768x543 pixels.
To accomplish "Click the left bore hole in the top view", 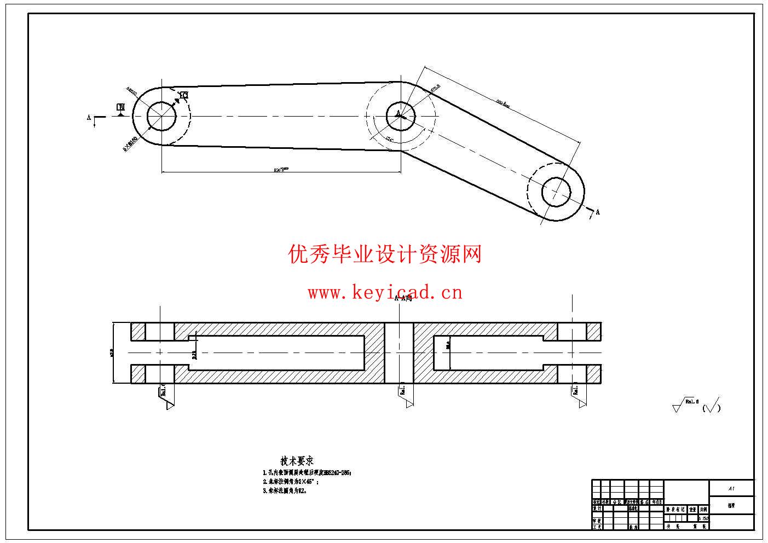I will point(161,116).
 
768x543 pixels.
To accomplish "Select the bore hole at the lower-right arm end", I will point(556,192).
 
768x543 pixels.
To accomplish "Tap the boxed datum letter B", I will point(121,107).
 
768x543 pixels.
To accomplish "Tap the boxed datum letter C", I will point(184,95).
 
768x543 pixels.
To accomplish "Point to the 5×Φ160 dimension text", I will point(130,143).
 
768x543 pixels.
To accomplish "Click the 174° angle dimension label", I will point(390,139).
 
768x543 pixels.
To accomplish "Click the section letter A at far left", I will point(89,117).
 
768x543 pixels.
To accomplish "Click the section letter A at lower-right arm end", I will point(597,212).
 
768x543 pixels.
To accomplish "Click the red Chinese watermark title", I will point(385,254).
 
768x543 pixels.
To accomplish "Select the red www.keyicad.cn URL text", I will point(385,293).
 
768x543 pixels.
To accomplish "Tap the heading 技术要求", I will point(297,461).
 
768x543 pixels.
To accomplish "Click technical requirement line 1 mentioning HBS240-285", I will point(307,472).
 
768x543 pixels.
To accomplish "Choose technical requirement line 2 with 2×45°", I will point(291,482).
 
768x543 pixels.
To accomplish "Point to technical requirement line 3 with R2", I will point(285,491).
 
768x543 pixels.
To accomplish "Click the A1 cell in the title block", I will point(731,488).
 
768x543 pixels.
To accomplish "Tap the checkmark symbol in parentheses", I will point(711,407).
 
